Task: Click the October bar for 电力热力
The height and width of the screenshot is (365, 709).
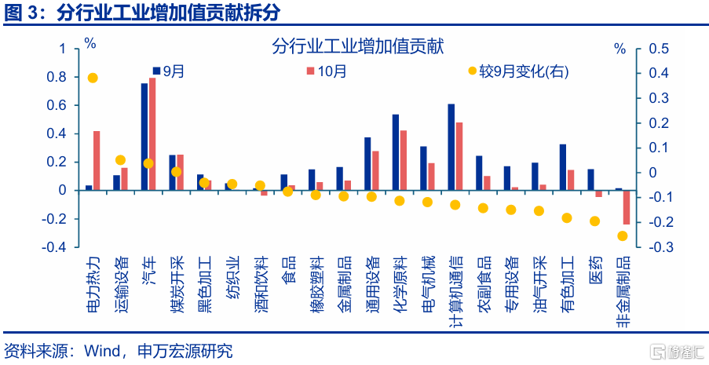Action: tap(97, 160)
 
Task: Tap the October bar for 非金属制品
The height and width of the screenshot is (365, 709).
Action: tap(627, 207)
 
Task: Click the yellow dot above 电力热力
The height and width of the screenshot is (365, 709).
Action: tap(93, 78)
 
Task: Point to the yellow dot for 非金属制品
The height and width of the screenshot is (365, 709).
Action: tap(623, 235)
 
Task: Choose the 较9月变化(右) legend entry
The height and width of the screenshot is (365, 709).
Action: tap(518, 71)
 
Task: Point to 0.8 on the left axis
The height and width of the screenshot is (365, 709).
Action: tap(56, 77)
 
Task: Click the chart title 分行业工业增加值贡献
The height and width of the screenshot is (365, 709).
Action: tap(358, 47)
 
